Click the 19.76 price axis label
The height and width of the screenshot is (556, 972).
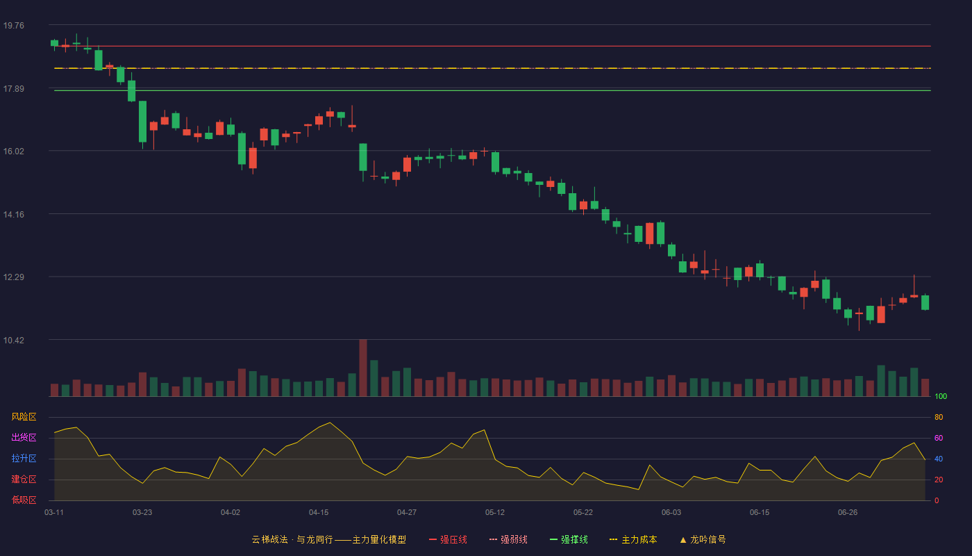(13, 26)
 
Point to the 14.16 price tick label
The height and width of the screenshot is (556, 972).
(13, 215)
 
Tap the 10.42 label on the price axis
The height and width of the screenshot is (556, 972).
(13, 340)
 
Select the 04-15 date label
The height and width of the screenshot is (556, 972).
(319, 513)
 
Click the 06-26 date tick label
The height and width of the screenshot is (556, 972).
(848, 513)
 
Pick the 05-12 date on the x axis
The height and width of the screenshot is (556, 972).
(494, 513)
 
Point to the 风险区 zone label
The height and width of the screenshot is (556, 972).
(24, 417)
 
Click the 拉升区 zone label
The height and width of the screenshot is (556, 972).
(24, 459)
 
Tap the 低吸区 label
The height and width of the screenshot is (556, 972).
(24, 500)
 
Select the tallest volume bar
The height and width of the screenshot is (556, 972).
(363, 368)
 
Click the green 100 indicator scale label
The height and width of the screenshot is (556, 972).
(941, 397)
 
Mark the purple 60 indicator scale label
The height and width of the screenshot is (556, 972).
(939, 438)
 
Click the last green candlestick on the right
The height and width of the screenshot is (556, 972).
(925, 302)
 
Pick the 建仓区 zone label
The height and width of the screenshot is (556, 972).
(24, 480)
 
